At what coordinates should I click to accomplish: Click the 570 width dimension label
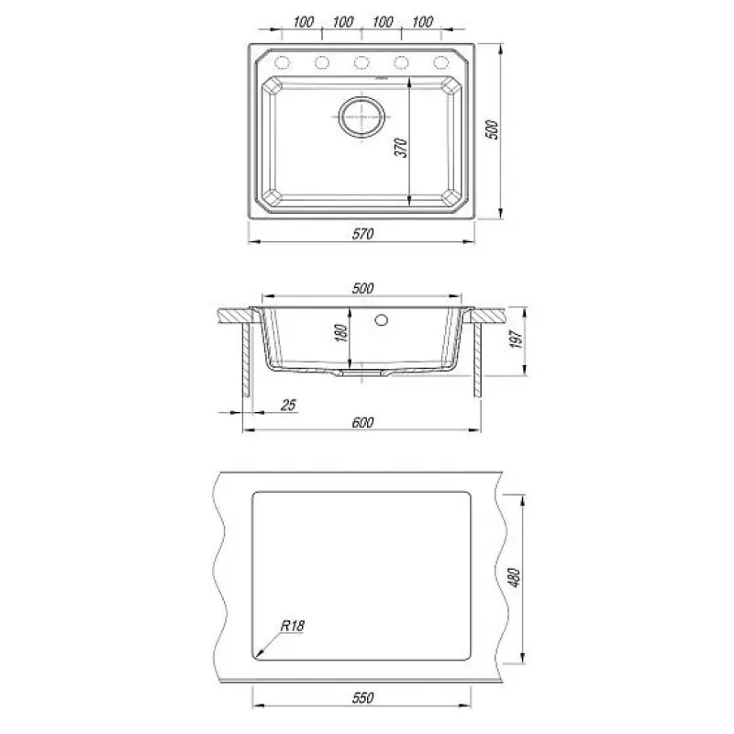click(x=362, y=234)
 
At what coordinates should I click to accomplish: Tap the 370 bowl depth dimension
click(x=401, y=148)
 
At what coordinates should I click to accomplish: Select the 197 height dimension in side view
click(x=516, y=339)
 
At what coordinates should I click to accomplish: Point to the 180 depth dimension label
click(x=342, y=332)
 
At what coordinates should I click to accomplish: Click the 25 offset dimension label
click(x=288, y=405)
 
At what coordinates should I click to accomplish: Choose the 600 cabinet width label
click(x=362, y=423)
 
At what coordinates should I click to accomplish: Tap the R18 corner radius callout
click(x=293, y=626)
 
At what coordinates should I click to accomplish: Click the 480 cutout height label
click(x=514, y=578)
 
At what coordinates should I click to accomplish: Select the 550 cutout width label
click(x=362, y=698)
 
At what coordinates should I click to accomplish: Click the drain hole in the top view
click(x=361, y=117)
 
